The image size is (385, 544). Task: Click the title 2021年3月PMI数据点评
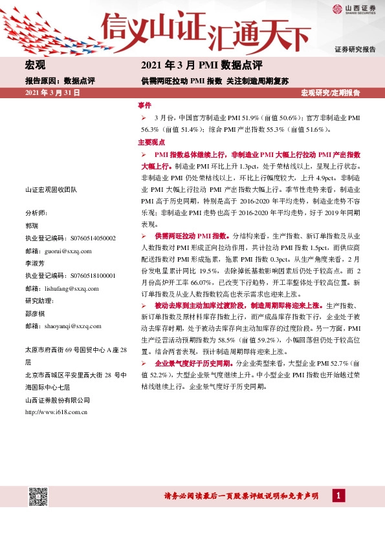click(x=202, y=65)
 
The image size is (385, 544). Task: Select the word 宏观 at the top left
click(x=35, y=65)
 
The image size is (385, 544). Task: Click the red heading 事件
click(x=144, y=105)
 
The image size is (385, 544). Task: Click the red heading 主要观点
click(x=151, y=142)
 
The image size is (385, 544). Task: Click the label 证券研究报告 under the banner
click(x=355, y=50)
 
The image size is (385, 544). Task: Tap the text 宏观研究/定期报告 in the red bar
click(x=330, y=93)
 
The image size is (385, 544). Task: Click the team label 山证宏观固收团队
click(x=50, y=190)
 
